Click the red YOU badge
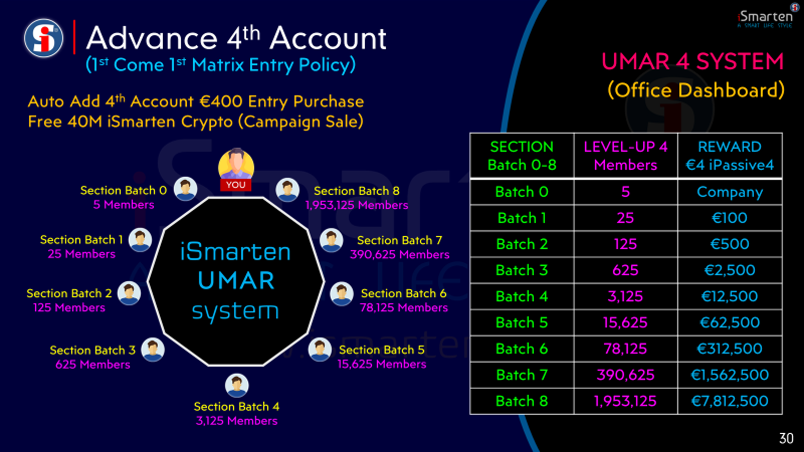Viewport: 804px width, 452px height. pos(236,185)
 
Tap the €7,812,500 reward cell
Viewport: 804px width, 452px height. pos(730,401)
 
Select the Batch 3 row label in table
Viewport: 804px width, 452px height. pos(522,270)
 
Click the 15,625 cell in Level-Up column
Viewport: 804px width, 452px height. pos(625,322)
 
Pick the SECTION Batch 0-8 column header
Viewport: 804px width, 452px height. pos(522,156)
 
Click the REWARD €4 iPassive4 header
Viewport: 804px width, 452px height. pos(730,156)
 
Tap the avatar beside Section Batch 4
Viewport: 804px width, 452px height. pos(237,386)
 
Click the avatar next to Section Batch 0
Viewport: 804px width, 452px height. pos(185,189)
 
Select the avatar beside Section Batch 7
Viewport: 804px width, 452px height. pos(331,240)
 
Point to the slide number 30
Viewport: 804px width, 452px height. pos(786,438)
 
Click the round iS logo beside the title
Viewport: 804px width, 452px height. pos(44,38)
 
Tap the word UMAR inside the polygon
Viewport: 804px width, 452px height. pos(236,281)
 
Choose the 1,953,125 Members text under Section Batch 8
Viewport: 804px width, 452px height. pos(356,205)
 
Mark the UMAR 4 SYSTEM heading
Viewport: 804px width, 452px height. pos(693,62)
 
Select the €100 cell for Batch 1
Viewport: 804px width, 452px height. pos(730,218)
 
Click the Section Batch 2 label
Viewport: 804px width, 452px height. pos(69,293)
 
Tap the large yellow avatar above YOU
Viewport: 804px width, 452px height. pos(236,164)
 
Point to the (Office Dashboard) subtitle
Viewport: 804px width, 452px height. pos(696,90)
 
